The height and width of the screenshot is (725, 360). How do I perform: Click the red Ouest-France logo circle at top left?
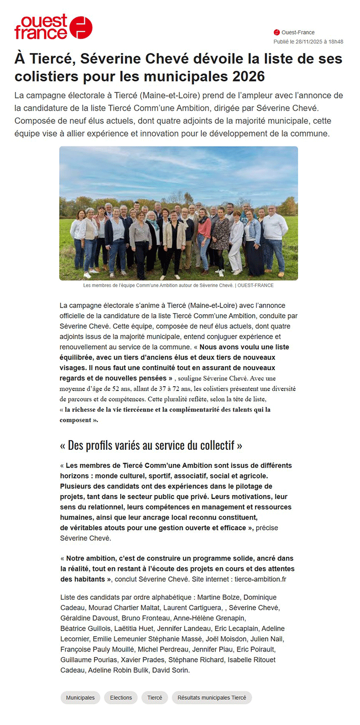(81, 27)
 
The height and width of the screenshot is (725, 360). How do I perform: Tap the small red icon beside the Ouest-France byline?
(277, 32)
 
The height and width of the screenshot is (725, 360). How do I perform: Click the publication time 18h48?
(336, 42)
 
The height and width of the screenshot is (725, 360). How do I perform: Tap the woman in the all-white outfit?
(236, 239)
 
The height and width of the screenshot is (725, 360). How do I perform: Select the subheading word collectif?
(215, 445)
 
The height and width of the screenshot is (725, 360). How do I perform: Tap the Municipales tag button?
(80, 698)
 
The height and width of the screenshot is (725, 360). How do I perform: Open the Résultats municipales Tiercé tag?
(212, 698)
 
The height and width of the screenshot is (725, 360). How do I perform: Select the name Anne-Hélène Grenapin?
(210, 618)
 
